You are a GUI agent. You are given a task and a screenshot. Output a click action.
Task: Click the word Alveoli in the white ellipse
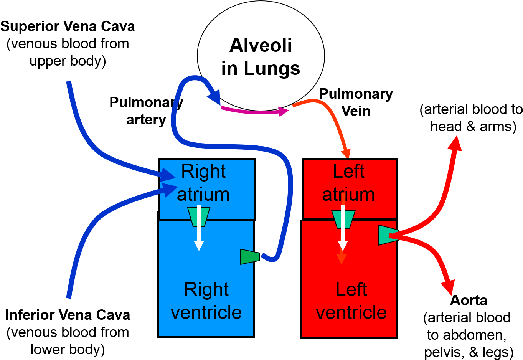pos(261,45)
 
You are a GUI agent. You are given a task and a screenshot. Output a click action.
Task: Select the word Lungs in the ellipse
pos(272,69)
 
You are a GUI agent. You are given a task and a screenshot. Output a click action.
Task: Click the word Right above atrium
pos(203,171)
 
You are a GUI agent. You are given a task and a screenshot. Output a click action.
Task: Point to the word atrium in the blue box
pos(203,194)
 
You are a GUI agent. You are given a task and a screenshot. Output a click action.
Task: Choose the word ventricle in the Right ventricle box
pos(206,312)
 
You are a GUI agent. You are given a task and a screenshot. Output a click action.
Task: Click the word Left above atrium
pos(348,171)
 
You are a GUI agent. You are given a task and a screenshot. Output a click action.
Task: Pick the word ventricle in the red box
pos(351,312)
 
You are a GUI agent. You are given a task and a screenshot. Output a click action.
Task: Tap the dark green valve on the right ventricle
pos(249,256)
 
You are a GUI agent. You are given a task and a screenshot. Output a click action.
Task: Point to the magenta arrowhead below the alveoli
pos(284,112)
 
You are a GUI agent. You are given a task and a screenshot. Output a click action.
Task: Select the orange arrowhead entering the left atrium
pos(346,153)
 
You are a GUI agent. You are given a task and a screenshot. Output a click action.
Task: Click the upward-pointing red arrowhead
pos(455,144)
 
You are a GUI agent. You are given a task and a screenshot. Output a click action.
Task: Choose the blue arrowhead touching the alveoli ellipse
pos(215,97)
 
